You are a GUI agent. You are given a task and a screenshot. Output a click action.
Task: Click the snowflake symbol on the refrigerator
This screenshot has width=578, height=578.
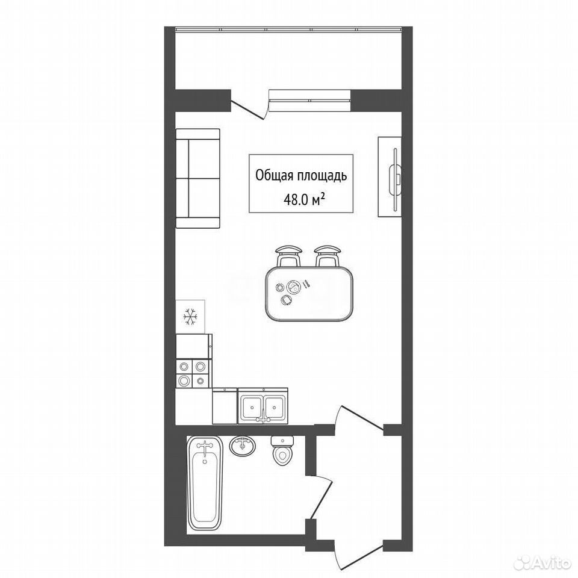pos(191,317)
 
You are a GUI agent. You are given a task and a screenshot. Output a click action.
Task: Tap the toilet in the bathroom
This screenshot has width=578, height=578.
pos(282,450)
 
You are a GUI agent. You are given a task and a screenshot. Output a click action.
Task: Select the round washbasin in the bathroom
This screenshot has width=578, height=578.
pos(242,446)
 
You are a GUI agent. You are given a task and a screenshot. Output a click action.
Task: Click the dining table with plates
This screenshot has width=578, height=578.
pos(309,294)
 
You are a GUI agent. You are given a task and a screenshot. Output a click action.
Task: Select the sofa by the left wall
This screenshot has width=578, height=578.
pos(198,178)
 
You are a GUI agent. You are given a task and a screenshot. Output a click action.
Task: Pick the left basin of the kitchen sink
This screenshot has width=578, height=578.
pos(252,408)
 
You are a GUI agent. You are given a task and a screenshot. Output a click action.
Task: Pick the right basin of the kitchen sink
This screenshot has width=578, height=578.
pos(275,408)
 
